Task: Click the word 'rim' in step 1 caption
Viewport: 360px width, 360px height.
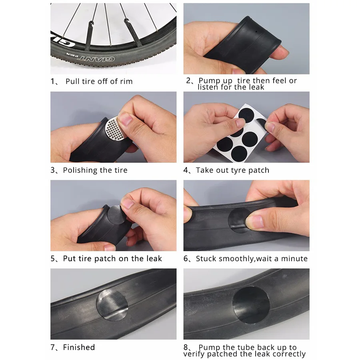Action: click(x=126, y=81)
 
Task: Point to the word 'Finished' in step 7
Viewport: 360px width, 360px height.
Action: click(x=79, y=347)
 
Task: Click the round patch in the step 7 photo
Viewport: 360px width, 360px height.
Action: click(x=112, y=305)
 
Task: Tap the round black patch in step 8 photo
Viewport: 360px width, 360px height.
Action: click(x=251, y=305)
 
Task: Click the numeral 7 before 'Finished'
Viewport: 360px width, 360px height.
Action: click(x=53, y=347)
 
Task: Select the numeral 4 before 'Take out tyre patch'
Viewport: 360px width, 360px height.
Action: click(x=186, y=170)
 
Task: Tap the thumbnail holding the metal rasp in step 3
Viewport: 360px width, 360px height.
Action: click(x=125, y=118)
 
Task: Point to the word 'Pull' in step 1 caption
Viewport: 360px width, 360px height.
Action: click(x=72, y=81)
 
